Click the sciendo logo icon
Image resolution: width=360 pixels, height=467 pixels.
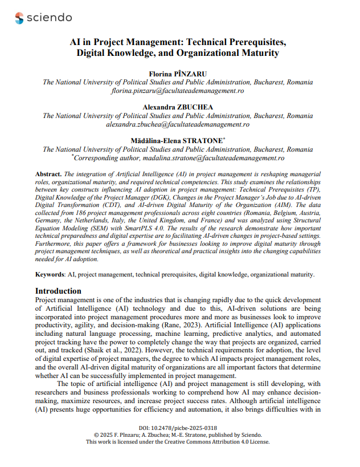tap(20, 18)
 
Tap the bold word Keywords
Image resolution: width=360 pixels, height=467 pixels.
tap(50, 275)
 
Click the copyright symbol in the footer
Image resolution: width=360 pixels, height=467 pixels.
tap(96, 434)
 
